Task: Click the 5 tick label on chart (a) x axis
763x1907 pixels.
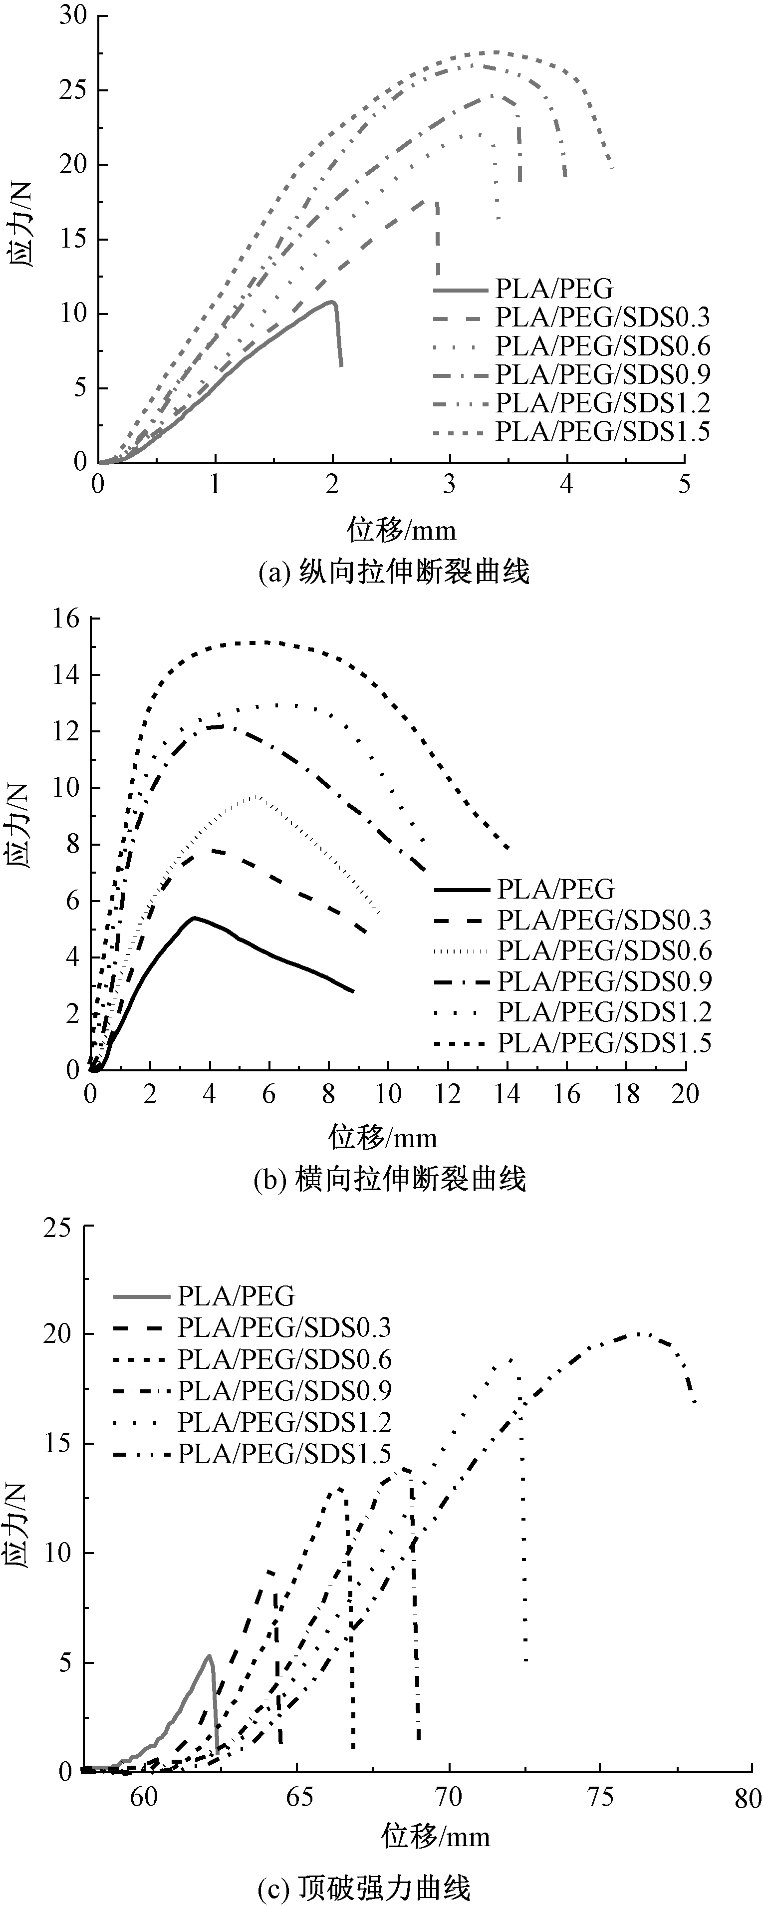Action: coord(684,484)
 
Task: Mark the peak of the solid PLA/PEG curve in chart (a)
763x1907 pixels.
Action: coord(332,302)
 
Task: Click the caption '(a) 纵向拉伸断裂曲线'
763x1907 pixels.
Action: coord(394,572)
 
